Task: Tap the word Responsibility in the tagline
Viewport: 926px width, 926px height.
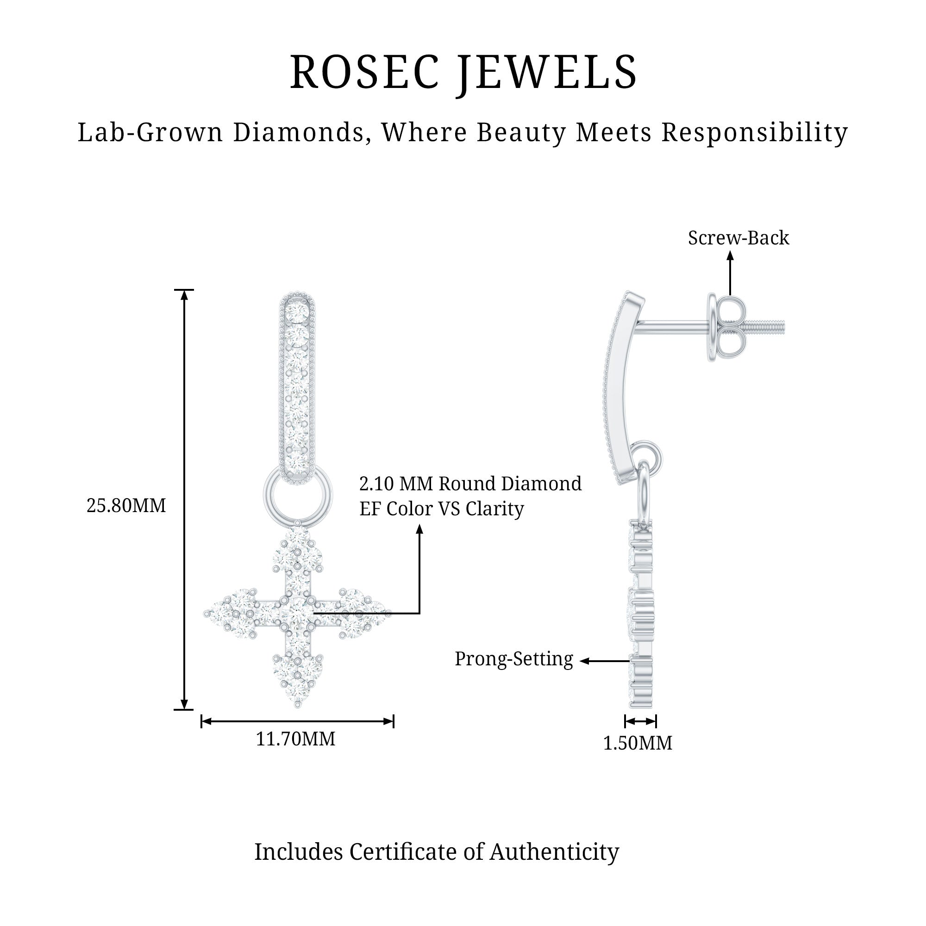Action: point(754,132)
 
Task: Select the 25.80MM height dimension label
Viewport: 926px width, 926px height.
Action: point(126,506)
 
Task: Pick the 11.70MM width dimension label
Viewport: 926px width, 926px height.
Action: point(295,738)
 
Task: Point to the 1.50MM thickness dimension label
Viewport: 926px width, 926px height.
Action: point(638,743)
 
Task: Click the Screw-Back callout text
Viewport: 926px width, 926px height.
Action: point(738,238)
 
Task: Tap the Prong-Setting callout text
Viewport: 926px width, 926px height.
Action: point(514,659)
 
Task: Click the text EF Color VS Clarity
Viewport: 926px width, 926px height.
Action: point(441,509)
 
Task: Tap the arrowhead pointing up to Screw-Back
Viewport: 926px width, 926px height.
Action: point(730,257)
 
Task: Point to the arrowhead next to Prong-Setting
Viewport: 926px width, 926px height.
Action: point(584,661)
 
